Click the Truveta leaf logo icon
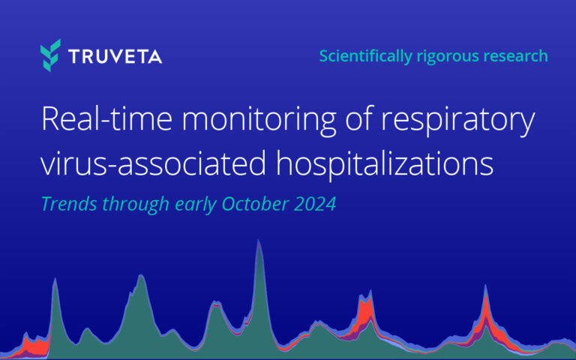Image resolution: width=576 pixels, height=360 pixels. pyautogui.click(x=51, y=55)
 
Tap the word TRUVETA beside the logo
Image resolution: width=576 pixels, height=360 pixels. pyautogui.click(x=113, y=56)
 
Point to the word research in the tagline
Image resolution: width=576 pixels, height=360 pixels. pyautogui.click(x=517, y=55)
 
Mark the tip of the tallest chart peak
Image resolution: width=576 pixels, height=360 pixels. pyautogui.click(x=259, y=241)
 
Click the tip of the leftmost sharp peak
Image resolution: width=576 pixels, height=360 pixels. pyautogui.click(x=55, y=279)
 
